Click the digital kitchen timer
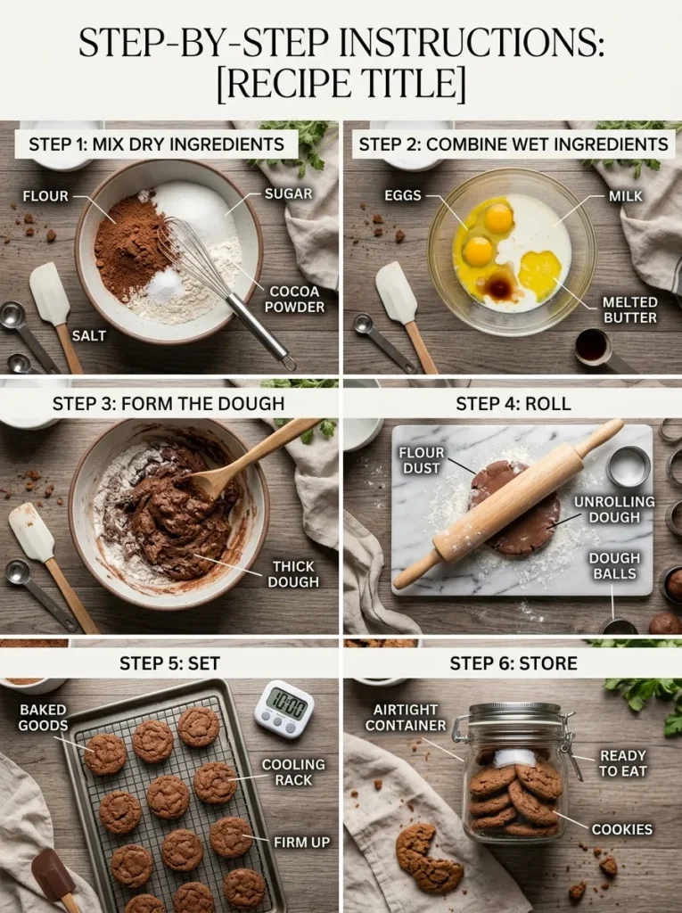pos(283,709)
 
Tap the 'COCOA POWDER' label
pos(294,299)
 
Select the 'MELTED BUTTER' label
pos(629,309)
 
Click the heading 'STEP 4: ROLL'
pos(513,403)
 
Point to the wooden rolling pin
pos(508,504)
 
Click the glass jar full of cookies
pos(514,771)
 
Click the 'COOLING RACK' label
pos(293,772)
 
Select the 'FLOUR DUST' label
pos(422,460)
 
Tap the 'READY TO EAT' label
pos(623,763)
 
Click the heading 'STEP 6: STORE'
pos(513,662)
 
